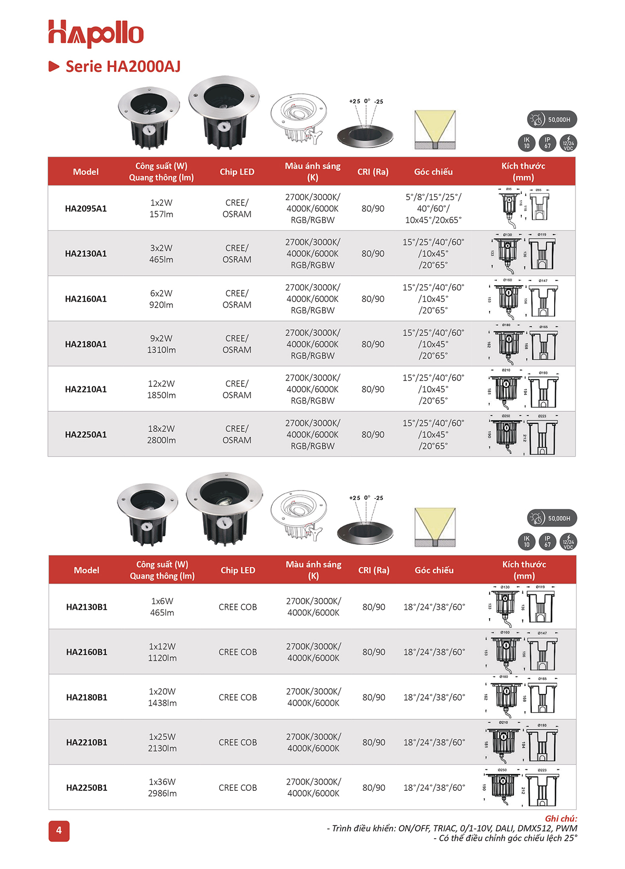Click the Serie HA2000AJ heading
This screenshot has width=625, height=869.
122,67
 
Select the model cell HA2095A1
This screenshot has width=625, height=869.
86,209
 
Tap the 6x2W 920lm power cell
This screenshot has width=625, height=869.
161,299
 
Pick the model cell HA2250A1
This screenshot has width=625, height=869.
86,435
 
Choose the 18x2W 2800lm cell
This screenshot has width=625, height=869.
161,435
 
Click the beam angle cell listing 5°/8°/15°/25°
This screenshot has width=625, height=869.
433,209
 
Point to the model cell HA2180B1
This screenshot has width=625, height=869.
86,697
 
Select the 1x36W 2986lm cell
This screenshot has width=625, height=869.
162,788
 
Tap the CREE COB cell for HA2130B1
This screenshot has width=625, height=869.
238,607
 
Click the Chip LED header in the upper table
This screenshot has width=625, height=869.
237,172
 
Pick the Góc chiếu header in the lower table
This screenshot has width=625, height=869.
434,570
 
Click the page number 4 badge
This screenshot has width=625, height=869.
59,830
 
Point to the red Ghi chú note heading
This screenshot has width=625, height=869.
561,818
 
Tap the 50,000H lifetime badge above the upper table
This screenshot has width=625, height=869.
552,119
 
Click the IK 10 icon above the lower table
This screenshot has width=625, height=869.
527,542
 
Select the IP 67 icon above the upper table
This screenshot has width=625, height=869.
547,143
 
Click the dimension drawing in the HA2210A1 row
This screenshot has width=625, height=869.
523,389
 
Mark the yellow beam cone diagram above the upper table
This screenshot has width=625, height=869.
435,129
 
